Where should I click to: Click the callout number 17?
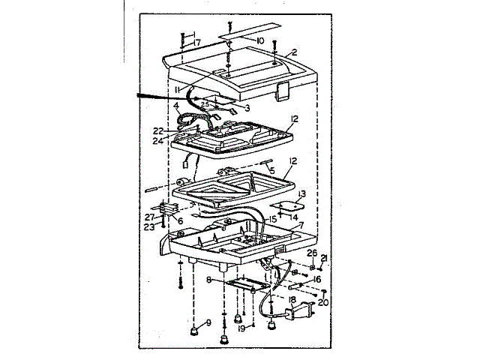click(197, 43)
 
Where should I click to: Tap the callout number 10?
click(260, 40)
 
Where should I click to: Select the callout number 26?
click(313, 253)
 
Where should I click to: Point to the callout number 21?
click(324, 259)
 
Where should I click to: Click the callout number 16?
click(317, 279)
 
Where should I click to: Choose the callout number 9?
click(208, 322)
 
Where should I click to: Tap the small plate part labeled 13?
click(284, 205)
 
